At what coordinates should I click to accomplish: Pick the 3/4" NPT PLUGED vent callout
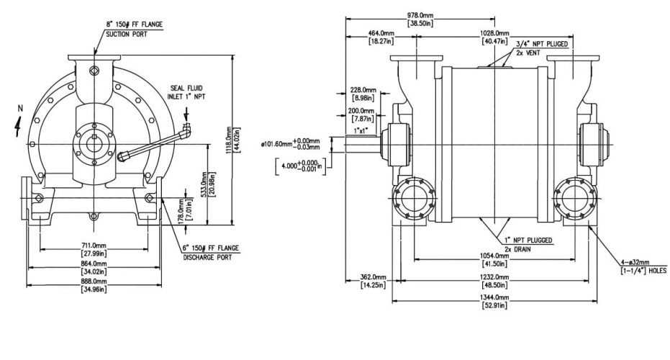(542, 45)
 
